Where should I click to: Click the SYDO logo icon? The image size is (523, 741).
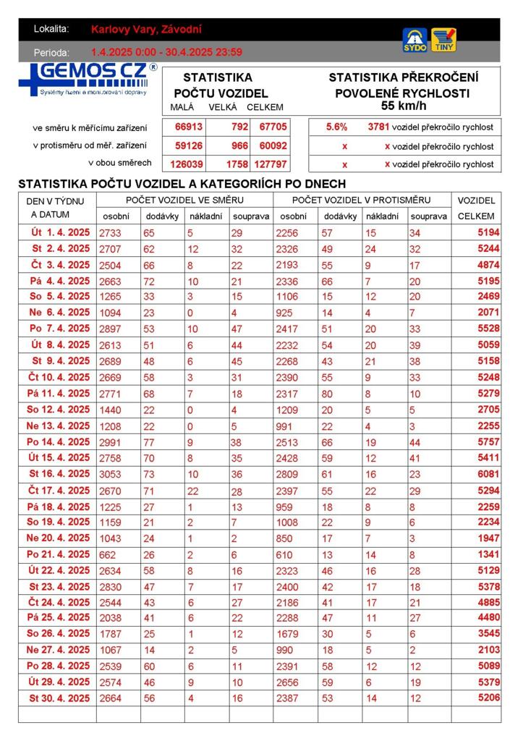coord(414,40)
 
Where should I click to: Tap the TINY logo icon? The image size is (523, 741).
coord(443,40)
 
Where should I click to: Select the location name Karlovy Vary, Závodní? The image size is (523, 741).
coord(147,30)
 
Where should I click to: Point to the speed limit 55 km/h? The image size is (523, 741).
coord(404,106)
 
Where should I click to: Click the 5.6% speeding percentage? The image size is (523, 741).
coord(336,127)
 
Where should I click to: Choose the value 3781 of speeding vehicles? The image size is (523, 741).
coord(378,127)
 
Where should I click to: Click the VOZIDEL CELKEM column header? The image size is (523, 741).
coord(476,208)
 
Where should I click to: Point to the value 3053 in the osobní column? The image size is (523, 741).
coord(111,474)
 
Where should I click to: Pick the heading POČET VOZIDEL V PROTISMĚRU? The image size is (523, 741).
coord(361,200)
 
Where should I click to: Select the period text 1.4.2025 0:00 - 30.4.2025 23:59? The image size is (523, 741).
coord(166,52)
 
